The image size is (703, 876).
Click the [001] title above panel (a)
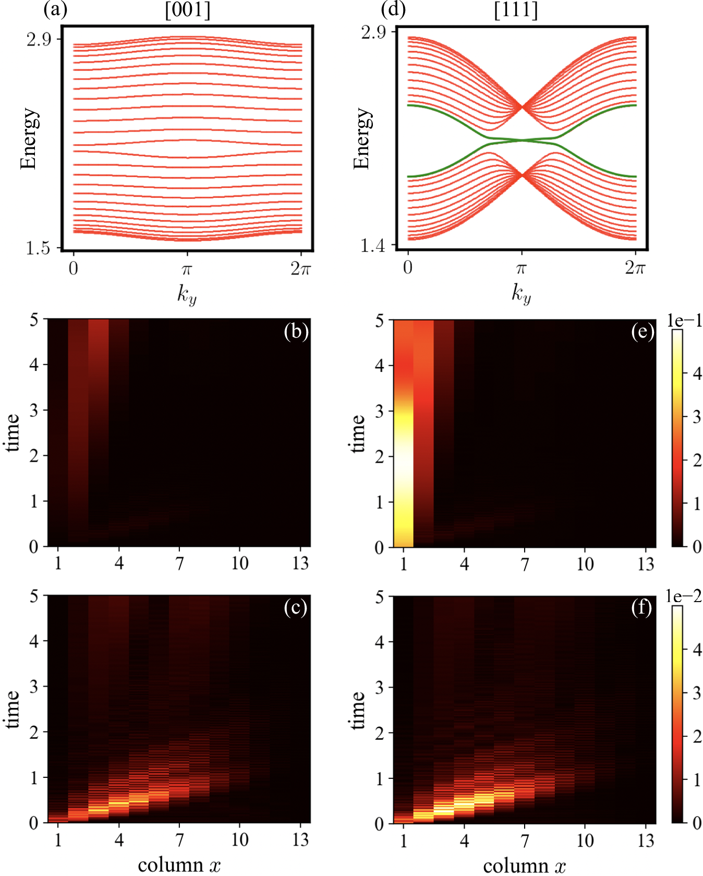188,10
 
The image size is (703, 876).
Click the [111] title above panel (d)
516,10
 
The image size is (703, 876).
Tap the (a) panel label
56,10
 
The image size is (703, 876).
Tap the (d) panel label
393,10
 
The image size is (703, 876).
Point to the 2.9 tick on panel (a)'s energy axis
39,39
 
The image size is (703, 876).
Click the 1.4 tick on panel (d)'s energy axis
373,245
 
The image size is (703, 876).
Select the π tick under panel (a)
187,269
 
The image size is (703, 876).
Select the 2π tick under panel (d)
635,268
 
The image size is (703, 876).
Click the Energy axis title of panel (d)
362,139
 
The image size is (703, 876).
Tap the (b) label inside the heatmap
296,332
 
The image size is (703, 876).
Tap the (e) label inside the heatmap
642,332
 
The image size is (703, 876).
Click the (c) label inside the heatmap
296,608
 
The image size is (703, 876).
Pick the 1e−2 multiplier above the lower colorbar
684,596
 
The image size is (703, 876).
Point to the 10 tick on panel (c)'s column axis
240,839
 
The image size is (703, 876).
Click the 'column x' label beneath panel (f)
524,866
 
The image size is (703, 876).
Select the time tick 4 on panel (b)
34,364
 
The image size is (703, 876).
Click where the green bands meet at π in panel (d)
522,140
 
